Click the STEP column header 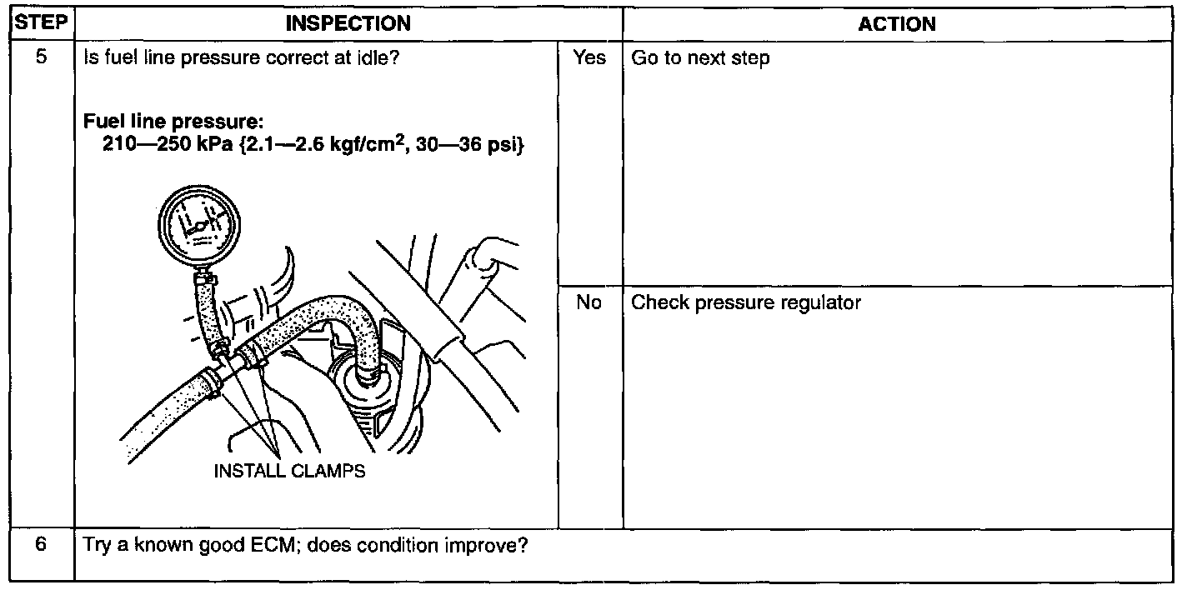point(38,23)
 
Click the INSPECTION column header point(348,24)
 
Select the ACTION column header point(897,24)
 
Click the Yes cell point(589,58)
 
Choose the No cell point(588,302)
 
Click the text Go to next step point(700,59)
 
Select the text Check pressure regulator point(746,302)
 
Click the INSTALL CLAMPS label point(290,471)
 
